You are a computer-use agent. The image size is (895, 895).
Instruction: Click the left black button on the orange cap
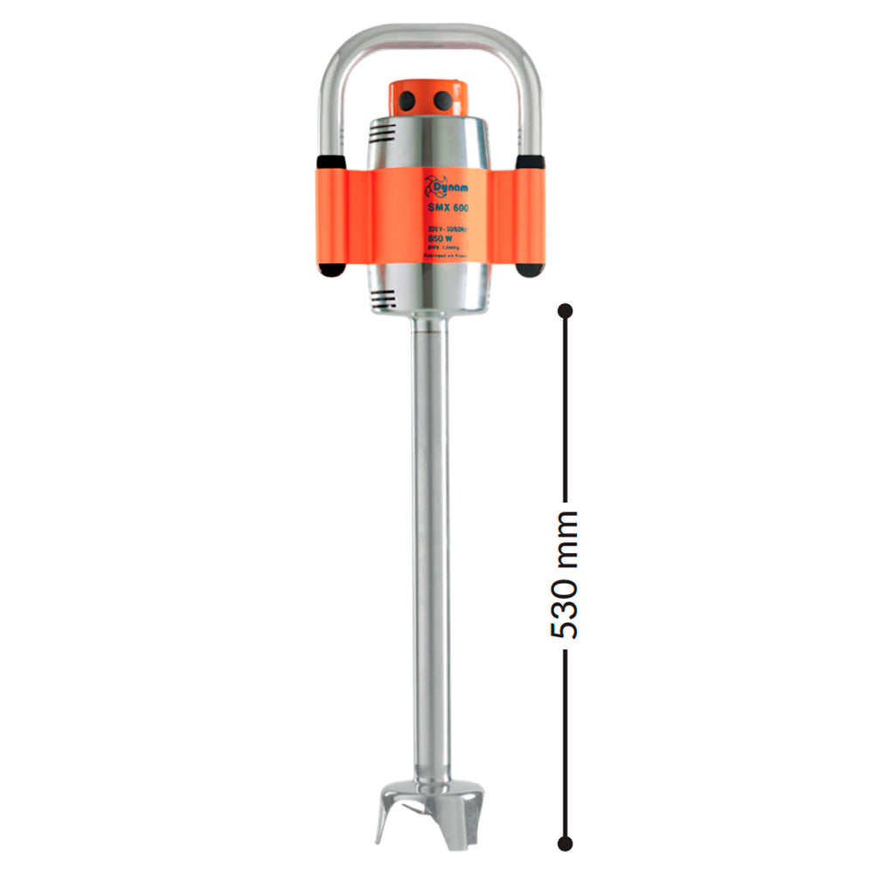click(408, 102)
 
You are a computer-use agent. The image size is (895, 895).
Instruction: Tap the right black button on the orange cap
click(444, 101)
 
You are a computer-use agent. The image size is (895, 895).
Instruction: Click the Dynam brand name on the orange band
click(453, 187)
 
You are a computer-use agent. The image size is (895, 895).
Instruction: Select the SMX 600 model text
click(448, 208)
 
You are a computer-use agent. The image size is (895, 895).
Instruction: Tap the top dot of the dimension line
click(565, 310)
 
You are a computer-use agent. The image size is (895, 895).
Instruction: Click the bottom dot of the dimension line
click(565, 843)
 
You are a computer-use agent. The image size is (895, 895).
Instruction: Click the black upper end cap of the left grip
click(329, 163)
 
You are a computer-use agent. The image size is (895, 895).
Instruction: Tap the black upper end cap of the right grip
click(531, 163)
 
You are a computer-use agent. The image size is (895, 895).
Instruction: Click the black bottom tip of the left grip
click(330, 269)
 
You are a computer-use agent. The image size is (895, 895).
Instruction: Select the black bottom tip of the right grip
click(530, 269)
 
